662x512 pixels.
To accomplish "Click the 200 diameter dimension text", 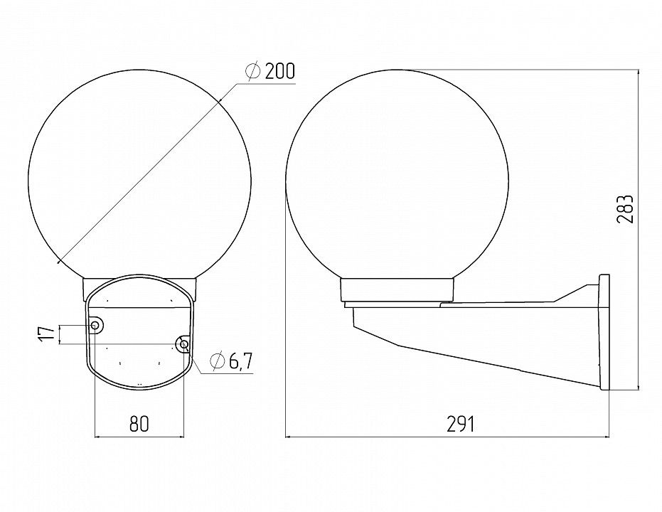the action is point(280,72).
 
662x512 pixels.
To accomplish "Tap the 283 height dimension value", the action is point(625,209).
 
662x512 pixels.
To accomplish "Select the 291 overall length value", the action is point(461,424).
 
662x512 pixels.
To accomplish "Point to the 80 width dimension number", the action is point(139,424).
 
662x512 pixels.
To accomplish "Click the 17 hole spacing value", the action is point(47,334).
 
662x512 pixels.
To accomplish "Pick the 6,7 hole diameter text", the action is point(240,361).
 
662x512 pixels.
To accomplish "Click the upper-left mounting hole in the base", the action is point(95,325).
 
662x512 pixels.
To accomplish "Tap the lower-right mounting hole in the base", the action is point(183,345).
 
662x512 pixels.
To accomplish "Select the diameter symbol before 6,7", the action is point(217,361).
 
